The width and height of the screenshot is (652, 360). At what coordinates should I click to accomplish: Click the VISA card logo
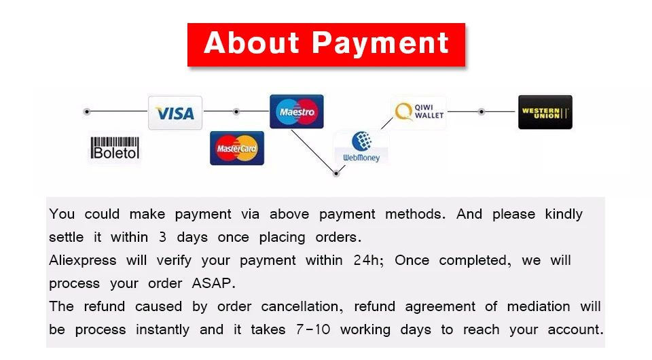[175, 113]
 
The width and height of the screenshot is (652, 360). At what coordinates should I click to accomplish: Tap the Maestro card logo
[297, 111]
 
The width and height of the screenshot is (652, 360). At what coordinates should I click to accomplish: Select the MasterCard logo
[236, 148]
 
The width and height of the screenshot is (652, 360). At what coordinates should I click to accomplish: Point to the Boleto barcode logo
[115, 148]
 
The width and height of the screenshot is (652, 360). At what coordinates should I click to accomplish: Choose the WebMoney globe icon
[361, 141]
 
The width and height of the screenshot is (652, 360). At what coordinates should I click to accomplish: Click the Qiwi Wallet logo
[419, 112]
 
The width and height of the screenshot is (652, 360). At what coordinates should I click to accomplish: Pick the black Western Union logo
[545, 112]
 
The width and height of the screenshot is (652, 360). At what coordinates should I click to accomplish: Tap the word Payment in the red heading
[380, 43]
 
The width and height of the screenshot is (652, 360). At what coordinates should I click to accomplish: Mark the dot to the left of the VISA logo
[86, 111]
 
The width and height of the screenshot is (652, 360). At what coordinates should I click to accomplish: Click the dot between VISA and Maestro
[236, 111]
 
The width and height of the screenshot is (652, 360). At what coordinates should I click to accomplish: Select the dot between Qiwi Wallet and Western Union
[481, 111]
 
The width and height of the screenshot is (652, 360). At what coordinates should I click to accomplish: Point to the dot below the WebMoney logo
[336, 173]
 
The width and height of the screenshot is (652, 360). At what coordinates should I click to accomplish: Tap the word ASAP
[213, 283]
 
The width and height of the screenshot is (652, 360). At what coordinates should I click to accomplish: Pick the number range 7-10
[313, 329]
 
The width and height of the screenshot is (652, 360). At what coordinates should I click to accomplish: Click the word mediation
[539, 306]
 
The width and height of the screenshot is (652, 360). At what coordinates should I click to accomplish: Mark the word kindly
[564, 215]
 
